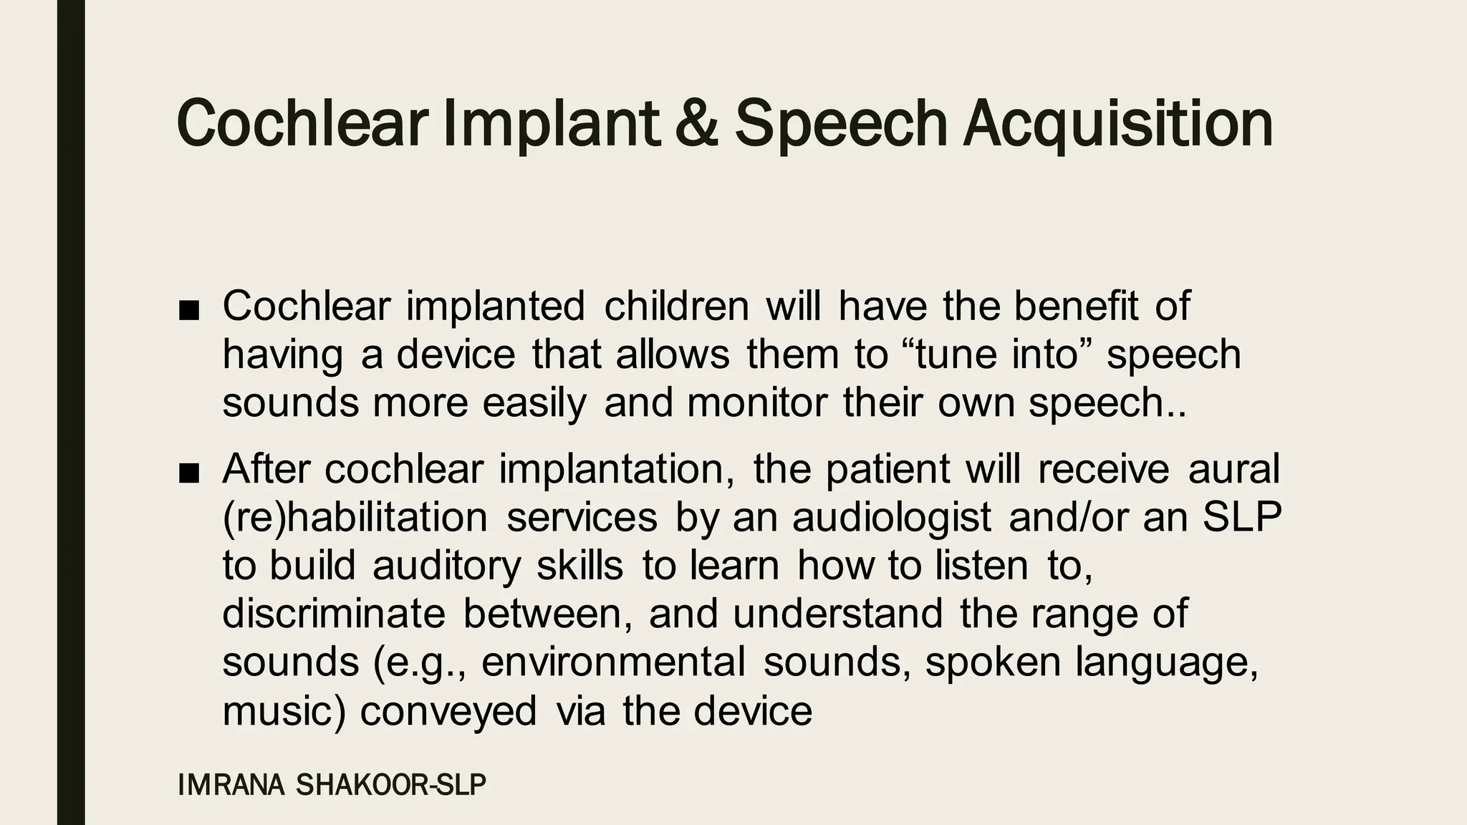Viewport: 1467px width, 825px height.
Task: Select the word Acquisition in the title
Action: tap(1118, 123)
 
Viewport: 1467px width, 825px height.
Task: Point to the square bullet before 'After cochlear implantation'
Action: tap(189, 473)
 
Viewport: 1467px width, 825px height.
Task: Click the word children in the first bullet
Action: tap(677, 307)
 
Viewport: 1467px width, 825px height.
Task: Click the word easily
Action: tap(534, 402)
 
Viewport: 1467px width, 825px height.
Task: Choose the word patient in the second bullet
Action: tap(888, 470)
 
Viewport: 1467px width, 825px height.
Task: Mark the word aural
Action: tap(1233, 470)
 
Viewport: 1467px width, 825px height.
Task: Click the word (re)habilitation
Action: tap(355, 518)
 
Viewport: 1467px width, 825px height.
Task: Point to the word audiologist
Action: tap(892, 518)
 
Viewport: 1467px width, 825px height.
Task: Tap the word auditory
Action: tap(446, 566)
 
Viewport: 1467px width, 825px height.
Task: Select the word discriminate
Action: tap(334, 614)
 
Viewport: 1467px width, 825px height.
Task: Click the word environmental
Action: tap(613, 662)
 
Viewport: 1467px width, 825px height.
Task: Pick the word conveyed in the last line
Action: tap(448, 711)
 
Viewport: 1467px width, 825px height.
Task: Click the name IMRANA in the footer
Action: tap(231, 786)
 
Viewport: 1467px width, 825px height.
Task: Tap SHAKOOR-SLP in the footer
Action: tap(391, 786)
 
